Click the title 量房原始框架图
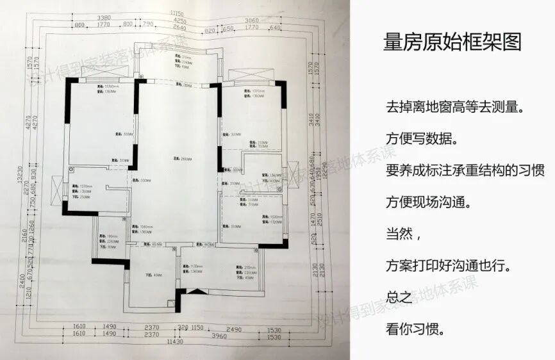452,42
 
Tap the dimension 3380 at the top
102,19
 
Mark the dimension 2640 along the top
179,28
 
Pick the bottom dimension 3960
220,335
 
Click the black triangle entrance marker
197,291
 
